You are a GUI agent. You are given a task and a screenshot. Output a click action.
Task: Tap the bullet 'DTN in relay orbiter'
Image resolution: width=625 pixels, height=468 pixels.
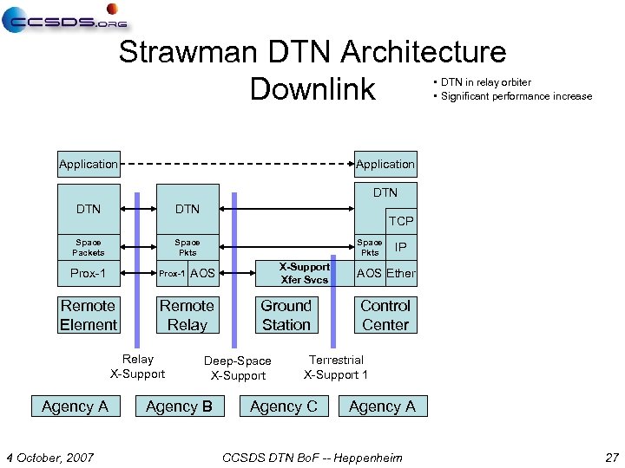[486, 82]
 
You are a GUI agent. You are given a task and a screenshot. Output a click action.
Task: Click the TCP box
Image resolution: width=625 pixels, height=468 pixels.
[400, 221]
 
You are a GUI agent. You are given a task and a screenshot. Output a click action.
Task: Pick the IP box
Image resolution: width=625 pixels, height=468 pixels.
[400, 247]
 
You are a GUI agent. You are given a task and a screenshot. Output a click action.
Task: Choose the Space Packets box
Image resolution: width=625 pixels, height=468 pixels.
[89, 248]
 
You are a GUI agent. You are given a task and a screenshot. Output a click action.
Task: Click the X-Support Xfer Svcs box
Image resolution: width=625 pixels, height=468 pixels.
[305, 273]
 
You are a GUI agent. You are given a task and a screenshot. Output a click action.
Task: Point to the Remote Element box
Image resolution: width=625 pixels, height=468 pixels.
[89, 315]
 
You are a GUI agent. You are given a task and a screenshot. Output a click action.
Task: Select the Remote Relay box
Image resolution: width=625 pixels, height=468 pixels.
[187, 315]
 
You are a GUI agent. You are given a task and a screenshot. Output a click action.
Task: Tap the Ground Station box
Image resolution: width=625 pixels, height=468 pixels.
[286, 315]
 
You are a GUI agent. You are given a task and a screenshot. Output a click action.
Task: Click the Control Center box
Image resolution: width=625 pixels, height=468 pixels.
[385, 315]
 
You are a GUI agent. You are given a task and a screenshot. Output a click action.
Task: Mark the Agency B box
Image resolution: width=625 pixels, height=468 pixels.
[180, 406]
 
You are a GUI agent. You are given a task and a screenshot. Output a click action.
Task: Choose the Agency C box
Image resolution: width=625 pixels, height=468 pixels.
[284, 406]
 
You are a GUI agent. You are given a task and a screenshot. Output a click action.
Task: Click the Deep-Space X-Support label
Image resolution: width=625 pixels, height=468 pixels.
[238, 368]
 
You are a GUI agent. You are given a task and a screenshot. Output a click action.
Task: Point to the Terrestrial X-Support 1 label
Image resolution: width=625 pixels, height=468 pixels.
[336, 367]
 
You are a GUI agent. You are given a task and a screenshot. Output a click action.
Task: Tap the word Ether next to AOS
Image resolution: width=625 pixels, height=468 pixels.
[401, 274]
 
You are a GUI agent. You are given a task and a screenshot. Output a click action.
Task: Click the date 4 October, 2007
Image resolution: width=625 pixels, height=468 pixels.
[50, 457]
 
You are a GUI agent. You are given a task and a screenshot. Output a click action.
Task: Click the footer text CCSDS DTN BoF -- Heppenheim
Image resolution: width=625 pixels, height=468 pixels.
[312, 457]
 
